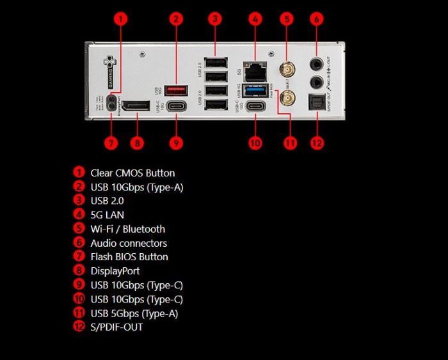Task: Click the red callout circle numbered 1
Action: [x=120, y=19]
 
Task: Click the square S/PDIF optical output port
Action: [x=316, y=102]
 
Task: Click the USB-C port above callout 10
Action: [x=256, y=107]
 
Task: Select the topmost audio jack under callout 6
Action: [x=316, y=64]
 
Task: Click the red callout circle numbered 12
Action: [x=317, y=142]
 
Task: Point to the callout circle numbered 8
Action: [x=136, y=142]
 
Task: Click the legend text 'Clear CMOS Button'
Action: [x=132, y=173]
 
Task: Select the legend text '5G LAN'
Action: [x=107, y=215]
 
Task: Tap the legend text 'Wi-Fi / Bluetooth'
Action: [x=127, y=229]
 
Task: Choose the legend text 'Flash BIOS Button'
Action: [x=129, y=257]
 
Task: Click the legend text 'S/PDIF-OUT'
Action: [x=116, y=327]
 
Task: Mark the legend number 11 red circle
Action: [x=79, y=313]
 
